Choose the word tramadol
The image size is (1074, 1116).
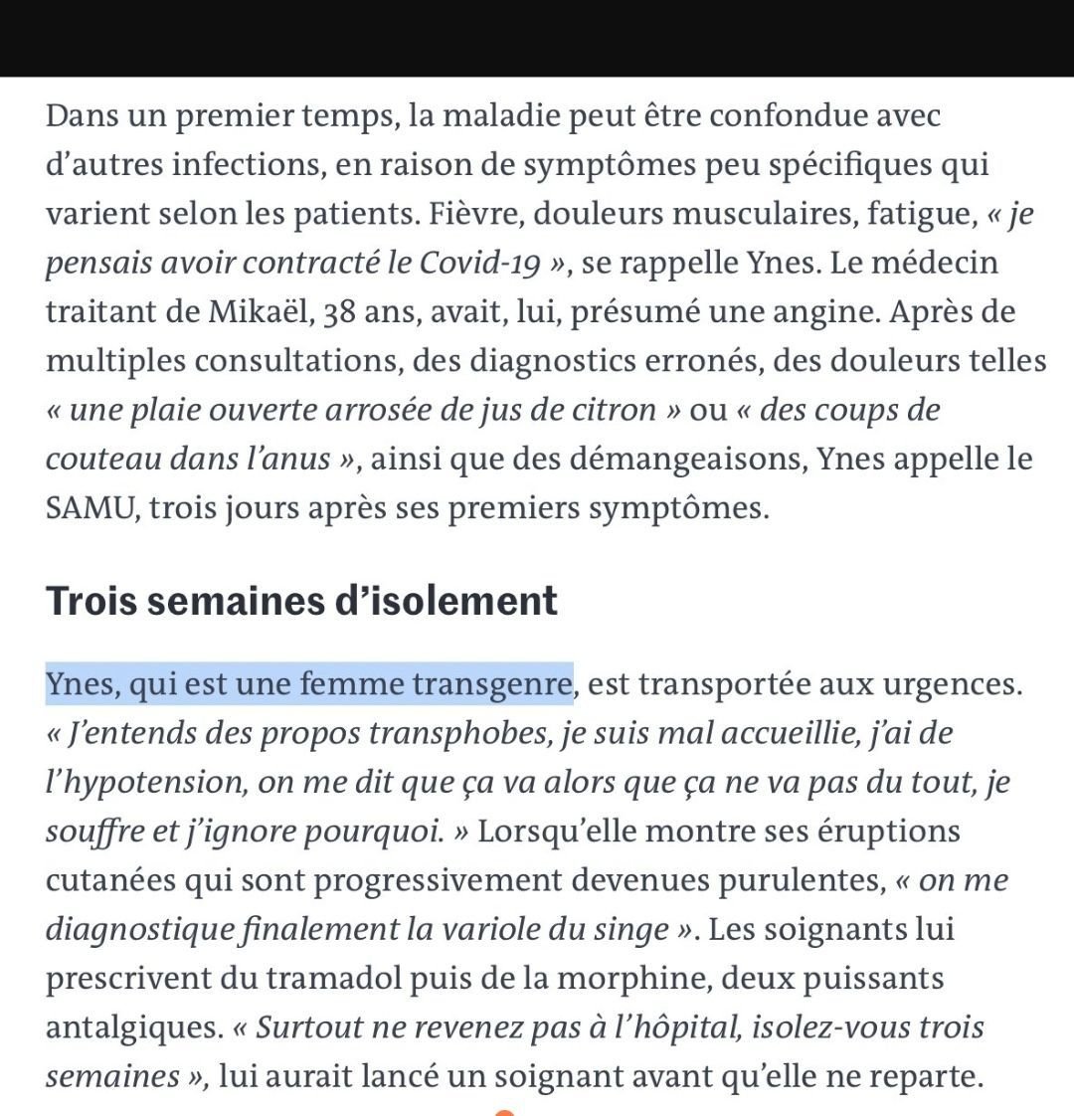point(333,979)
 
